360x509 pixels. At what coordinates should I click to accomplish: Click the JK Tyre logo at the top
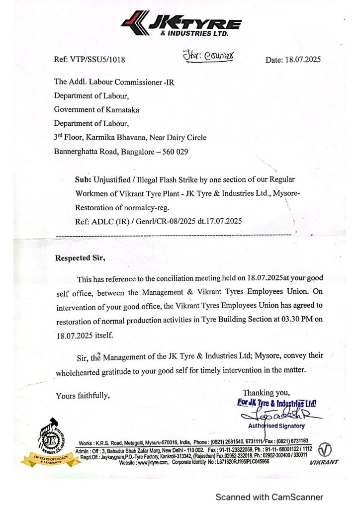(x=181, y=24)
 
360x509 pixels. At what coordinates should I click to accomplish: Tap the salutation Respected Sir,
(x=81, y=258)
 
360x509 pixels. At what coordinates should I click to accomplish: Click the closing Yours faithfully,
(x=83, y=396)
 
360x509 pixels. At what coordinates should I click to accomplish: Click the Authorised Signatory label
(x=276, y=426)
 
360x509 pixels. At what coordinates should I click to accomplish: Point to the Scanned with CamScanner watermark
(x=269, y=497)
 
